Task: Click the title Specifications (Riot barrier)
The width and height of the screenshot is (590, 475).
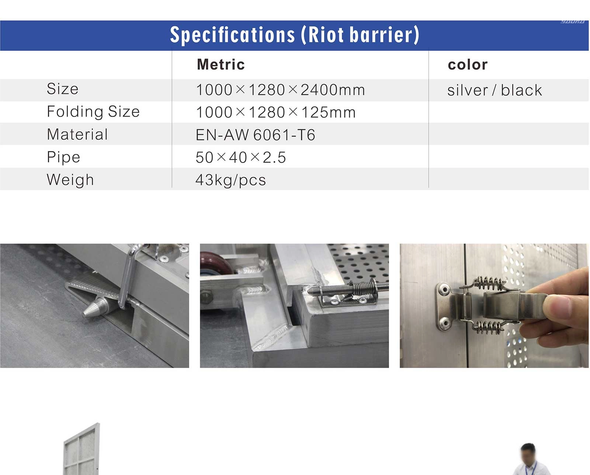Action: [x=295, y=35]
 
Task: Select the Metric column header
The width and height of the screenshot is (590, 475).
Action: [x=221, y=65]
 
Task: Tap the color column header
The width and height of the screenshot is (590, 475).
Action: [x=468, y=65]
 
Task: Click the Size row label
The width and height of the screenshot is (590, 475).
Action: [x=63, y=89]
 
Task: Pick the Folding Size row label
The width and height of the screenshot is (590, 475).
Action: [x=93, y=112]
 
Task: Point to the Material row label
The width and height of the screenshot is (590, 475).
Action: [x=77, y=134]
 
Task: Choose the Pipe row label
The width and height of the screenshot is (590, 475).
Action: [x=63, y=157]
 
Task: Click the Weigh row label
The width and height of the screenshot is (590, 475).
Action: [x=70, y=180]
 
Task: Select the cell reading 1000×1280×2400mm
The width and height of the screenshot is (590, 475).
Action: [x=281, y=90]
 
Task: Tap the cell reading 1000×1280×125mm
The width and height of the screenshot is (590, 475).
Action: [x=276, y=112]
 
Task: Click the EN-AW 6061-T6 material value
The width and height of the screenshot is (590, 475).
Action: [x=255, y=135]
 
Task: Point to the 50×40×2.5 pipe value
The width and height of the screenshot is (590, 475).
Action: [x=241, y=157]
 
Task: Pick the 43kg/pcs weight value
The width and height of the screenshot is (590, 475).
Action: [x=230, y=180]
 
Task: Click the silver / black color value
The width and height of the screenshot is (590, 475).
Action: [x=494, y=90]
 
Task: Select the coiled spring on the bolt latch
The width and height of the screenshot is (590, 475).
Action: [x=362, y=288]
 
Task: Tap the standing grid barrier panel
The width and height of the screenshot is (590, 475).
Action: [x=82, y=450]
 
